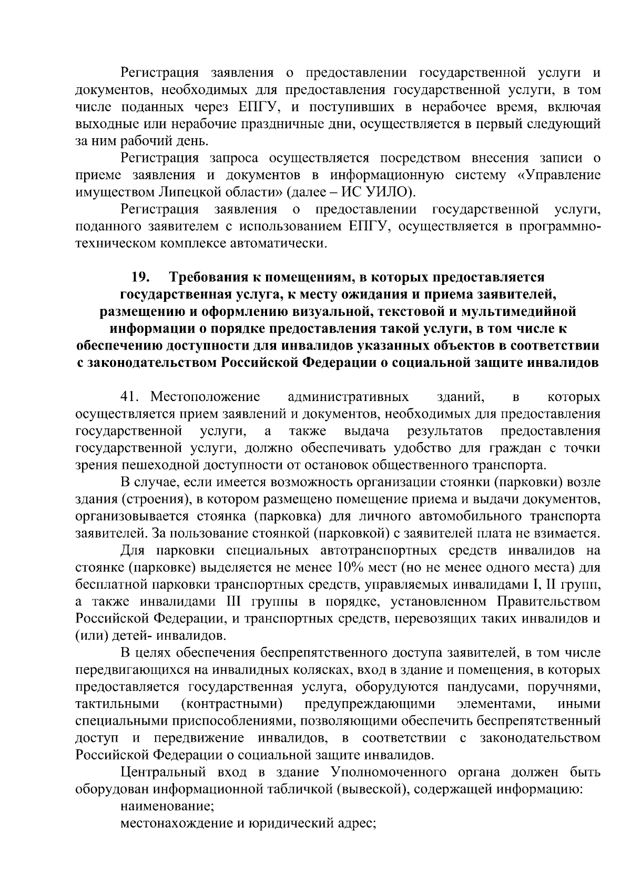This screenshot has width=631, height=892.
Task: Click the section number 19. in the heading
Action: pos(140,277)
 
